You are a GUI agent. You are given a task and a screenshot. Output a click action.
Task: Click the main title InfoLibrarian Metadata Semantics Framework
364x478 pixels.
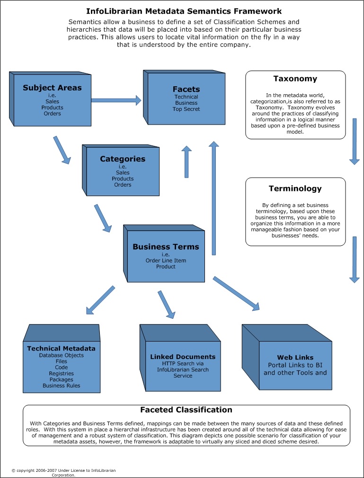tap(184, 11)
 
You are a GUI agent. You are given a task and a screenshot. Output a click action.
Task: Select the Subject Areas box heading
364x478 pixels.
tap(52, 88)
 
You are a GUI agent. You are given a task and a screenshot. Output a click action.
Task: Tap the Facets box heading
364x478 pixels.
tap(186, 89)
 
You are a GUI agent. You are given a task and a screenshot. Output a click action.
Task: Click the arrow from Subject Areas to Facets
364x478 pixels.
tap(116, 100)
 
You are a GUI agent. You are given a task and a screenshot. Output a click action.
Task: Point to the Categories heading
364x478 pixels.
tap(123, 159)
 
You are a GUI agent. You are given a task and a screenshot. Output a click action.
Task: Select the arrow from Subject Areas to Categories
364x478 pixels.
tap(62, 150)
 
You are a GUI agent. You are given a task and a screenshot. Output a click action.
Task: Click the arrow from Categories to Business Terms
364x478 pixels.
tap(103, 218)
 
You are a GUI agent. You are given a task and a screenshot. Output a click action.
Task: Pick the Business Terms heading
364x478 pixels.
tap(166, 247)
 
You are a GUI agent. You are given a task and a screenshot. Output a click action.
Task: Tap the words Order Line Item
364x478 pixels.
tap(166, 261)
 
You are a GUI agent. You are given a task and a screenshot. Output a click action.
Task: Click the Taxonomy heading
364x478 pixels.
tap(295, 79)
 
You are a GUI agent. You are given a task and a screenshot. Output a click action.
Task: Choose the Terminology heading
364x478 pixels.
tap(295, 189)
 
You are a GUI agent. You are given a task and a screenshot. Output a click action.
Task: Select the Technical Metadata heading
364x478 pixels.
tap(61, 349)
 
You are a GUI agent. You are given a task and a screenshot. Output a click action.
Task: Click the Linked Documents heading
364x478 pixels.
tap(183, 357)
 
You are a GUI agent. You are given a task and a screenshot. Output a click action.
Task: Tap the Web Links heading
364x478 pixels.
tap(295, 358)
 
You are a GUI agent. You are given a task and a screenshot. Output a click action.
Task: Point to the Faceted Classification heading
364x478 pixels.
tap(186, 410)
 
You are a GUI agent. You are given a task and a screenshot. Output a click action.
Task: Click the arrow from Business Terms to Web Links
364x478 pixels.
tap(236, 294)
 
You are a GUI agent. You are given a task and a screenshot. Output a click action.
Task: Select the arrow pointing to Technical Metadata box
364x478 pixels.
tap(100, 300)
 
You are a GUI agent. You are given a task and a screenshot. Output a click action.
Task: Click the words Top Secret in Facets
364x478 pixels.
tap(186, 109)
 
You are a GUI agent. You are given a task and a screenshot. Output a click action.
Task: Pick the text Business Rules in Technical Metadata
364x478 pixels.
tap(61, 386)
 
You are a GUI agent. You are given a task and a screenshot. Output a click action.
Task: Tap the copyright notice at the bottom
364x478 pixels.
tap(63, 473)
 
